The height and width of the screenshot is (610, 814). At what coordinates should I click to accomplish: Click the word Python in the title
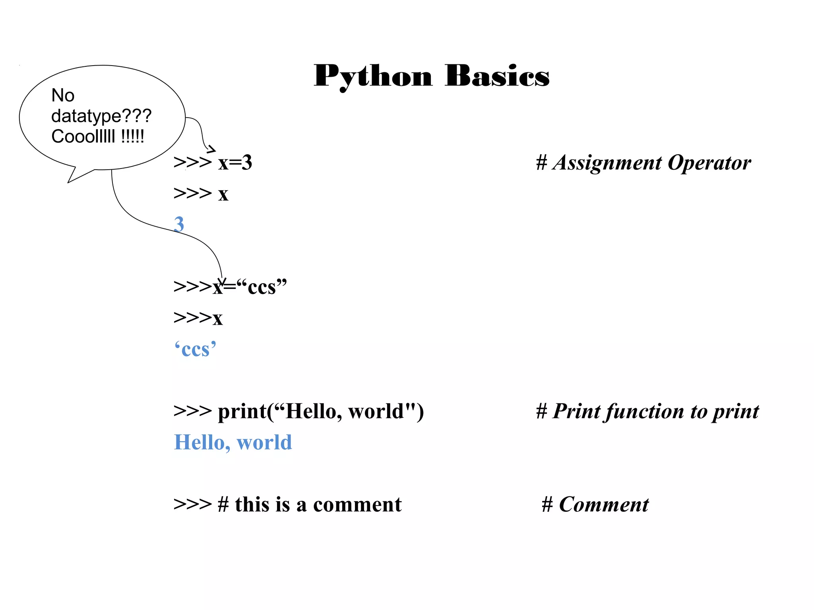point(373,76)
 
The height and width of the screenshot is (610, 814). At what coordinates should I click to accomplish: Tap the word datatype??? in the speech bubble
point(101,116)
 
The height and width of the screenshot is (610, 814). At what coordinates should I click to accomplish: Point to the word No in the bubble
point(63,95)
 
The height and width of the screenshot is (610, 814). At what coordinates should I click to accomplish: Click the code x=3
point(235,163)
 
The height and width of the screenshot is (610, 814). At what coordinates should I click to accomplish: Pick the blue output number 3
point(179,224)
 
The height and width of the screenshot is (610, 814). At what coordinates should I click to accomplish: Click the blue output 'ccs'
point(195,349)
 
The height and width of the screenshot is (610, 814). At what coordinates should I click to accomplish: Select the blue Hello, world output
point(233,442)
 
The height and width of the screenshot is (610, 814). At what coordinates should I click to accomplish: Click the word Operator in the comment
point(709,163)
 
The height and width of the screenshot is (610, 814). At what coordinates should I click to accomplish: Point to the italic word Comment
point(604,505)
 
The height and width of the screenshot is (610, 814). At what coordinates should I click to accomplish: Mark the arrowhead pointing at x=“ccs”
point(222,281)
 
